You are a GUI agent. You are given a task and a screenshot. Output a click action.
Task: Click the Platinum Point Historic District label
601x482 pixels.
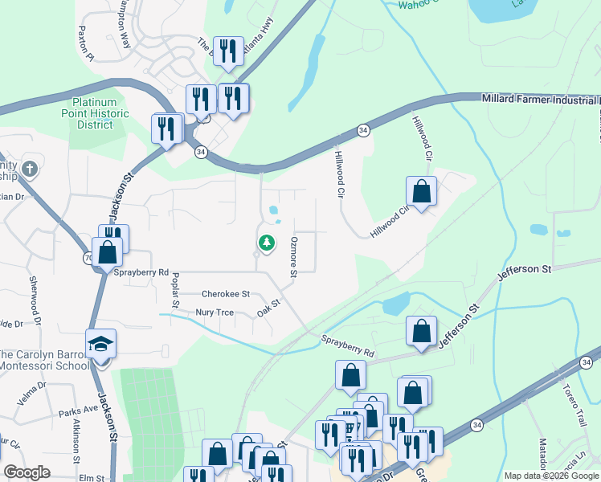click(100, 113)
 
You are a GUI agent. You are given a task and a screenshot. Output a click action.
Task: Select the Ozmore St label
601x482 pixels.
click(294, 258)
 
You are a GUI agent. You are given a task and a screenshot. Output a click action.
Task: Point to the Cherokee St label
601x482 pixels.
click(226, 294)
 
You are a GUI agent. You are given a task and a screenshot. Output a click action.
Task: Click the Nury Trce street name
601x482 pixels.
click(214, 312)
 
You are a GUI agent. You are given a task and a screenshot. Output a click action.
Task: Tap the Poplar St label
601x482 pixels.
click(174, 289)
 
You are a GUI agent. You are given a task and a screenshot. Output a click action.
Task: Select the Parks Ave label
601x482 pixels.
click(78, 410)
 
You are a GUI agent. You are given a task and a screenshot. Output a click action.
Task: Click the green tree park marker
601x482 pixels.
click(266, 242)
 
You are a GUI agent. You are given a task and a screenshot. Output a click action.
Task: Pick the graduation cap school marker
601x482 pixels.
click(101, 344)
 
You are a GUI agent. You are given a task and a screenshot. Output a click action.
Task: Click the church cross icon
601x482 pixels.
click(30, 169)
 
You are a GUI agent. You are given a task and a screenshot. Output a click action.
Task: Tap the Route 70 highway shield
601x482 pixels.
click(88, 258)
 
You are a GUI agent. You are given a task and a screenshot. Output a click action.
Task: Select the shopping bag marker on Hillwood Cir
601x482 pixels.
click(421, 192)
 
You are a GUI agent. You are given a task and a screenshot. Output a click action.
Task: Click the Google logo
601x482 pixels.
click(27, 472)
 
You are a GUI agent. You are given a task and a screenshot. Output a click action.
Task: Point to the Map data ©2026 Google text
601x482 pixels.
click(551, 476)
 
